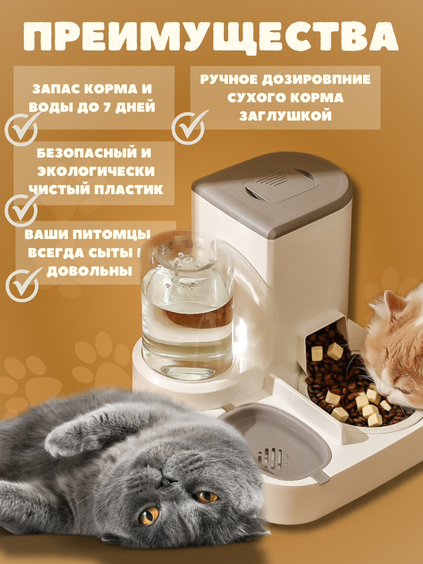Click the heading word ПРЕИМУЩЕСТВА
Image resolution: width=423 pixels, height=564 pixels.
(210, 37)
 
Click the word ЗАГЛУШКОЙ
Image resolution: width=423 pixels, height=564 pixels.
(286, 116)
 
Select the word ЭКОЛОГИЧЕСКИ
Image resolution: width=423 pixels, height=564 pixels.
(96, 171)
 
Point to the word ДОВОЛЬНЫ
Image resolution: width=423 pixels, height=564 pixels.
(90, 271)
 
